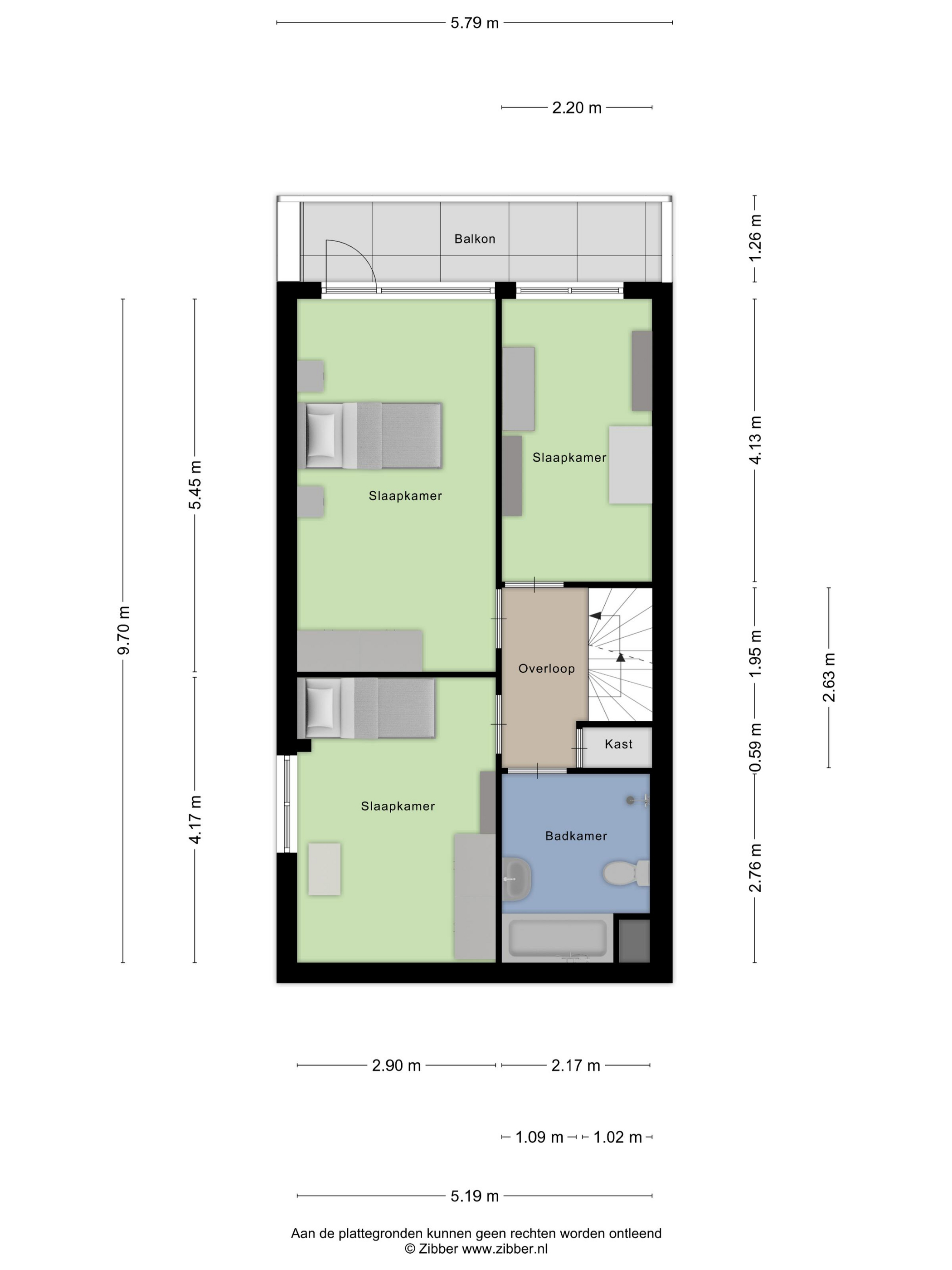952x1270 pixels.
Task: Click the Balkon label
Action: (475, 239)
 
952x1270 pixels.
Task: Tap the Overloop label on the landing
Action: (546, 668)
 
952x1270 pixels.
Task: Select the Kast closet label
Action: (619, 744)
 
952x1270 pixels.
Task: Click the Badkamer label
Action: (576, 836)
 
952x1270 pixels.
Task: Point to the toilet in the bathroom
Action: (626, 873)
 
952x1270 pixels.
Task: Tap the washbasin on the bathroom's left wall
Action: (518, 879)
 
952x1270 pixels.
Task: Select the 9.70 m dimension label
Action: (123, 630)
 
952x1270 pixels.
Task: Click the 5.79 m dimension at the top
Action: (475, 23)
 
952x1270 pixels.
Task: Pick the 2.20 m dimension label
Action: (577, 107)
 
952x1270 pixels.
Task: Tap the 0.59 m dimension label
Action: (756, 747)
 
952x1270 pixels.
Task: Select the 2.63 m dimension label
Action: (829, 678)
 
